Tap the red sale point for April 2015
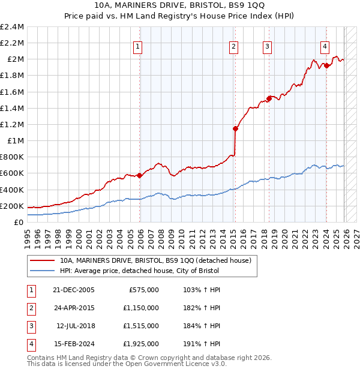click(x=236, y=128)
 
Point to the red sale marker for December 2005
click(x=140, y=175)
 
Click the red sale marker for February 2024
click(x=326, y=65)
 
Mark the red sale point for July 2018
click(x=269, y=99)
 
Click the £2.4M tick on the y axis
click(x=12, y=27)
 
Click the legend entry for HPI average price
click(x=139, y=271)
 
